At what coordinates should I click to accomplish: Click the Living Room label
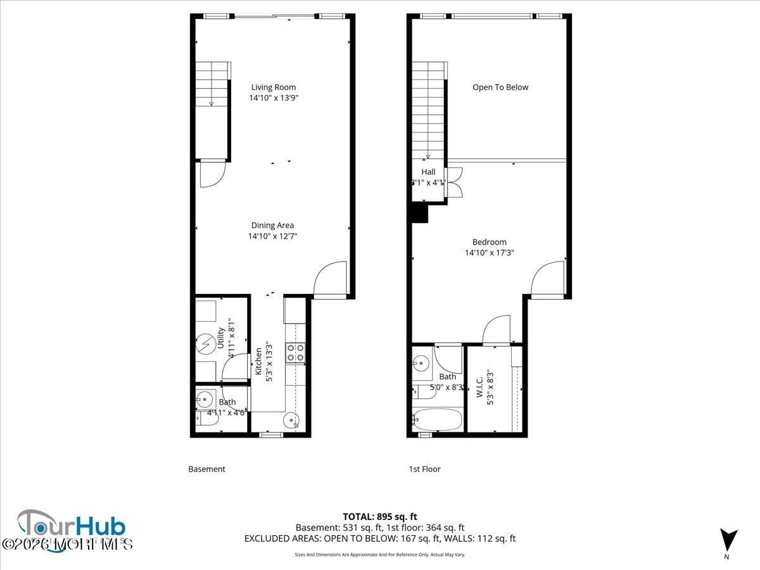273,87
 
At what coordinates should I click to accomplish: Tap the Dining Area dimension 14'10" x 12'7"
272,236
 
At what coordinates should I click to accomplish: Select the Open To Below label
500,87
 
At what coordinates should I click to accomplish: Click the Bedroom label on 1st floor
490,242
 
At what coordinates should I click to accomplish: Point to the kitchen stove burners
295,352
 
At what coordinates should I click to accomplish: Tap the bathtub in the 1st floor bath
438,419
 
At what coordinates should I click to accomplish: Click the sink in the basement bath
204,400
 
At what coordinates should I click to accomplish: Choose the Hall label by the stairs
429,172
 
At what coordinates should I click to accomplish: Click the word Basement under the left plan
206,469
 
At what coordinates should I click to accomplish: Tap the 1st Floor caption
424,469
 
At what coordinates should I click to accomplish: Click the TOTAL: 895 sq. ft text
380,516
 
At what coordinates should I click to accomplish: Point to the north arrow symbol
728,540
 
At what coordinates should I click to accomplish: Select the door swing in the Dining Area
331,279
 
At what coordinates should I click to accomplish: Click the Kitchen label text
258,361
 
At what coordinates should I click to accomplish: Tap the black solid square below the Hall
420,214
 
